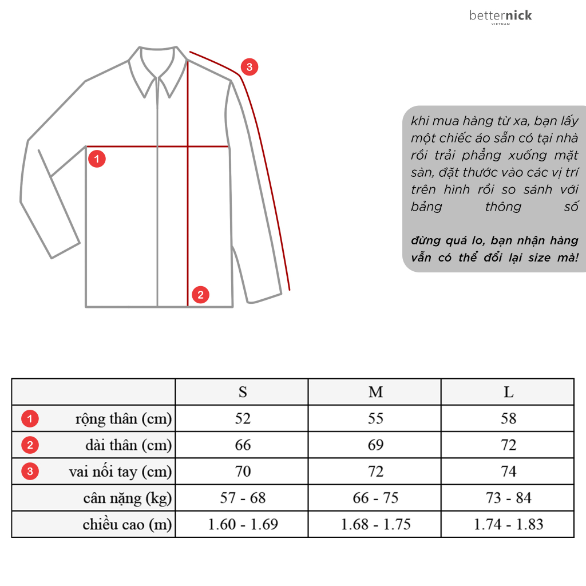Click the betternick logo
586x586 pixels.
coord(500,17)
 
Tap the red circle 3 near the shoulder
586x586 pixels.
coord(249,67)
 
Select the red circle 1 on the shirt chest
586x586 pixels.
coord(97,159)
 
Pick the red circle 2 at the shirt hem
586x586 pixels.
coord(200,295)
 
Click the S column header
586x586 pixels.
coord(243,392)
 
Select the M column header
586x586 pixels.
coord(375,392)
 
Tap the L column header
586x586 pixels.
coord(508,392)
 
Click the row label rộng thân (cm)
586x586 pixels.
coord(124,419)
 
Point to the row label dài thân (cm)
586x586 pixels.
coord(128,445)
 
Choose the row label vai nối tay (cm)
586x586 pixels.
coord(120,472)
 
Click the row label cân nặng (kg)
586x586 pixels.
coord(127,498)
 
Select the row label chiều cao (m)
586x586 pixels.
coord(127,525)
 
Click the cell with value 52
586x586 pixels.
coord(243,418)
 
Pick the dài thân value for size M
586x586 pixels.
coord(375,445)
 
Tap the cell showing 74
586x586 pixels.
coord(508,472)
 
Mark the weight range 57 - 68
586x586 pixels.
coord(243,498)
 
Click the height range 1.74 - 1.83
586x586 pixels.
coord(508,525)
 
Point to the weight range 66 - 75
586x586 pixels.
coord(375,498)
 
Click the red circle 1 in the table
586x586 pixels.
coord(30,419)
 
